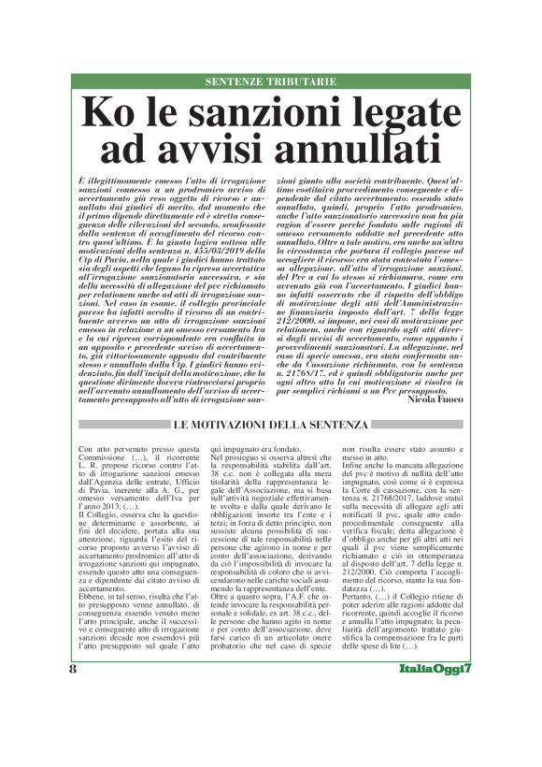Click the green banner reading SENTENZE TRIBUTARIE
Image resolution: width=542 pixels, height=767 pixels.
tap(270, 81)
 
